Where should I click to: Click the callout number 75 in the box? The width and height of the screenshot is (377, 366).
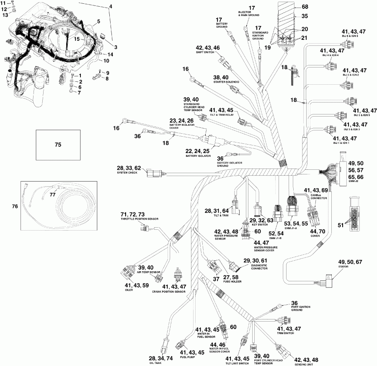(x=58, y=145)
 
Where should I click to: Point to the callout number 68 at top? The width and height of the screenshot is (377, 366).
(x=305, y=7)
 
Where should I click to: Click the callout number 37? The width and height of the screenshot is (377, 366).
(x=216, y=279)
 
